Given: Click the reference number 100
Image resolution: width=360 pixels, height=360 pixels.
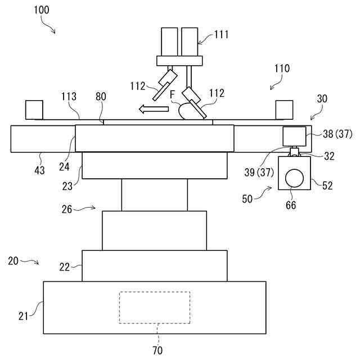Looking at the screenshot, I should (x=41, y=10).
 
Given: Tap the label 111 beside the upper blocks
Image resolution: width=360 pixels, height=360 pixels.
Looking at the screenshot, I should (x=221, y=35).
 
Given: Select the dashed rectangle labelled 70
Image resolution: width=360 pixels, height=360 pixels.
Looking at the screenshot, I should (x=154, y=307).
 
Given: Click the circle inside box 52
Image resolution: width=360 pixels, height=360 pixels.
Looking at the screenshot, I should (x=293, y=179).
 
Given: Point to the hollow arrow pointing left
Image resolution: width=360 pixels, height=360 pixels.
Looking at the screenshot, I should (x=154, y=108).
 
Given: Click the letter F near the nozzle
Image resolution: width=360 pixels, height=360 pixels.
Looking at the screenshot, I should (x=173, y=94).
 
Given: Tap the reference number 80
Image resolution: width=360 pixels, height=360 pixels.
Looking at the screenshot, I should (x=101, y=96).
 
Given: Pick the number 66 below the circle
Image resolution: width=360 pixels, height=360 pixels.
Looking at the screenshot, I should (x=290, y=205).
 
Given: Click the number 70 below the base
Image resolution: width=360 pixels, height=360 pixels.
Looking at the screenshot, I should (x=157, y=350).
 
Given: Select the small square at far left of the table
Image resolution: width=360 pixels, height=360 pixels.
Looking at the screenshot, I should (x=34, y=109).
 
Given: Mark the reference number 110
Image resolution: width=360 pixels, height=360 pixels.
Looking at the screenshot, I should (x=282, y=69).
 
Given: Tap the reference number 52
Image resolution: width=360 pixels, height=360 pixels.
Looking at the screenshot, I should (x=327, y=184).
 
